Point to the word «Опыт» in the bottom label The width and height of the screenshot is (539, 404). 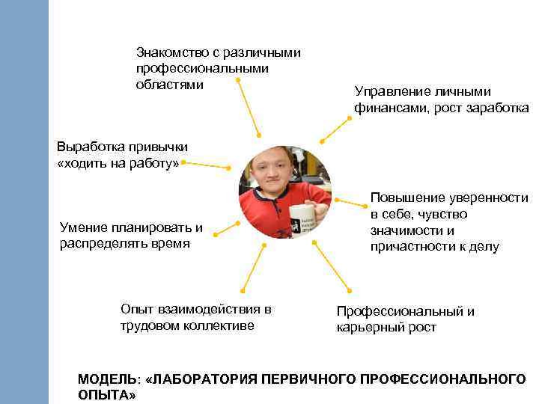point(135,309)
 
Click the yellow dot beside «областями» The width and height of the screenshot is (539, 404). point(238,80)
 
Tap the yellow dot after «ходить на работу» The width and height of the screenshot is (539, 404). point(183,161)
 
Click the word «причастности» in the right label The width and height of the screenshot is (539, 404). point(409,247)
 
